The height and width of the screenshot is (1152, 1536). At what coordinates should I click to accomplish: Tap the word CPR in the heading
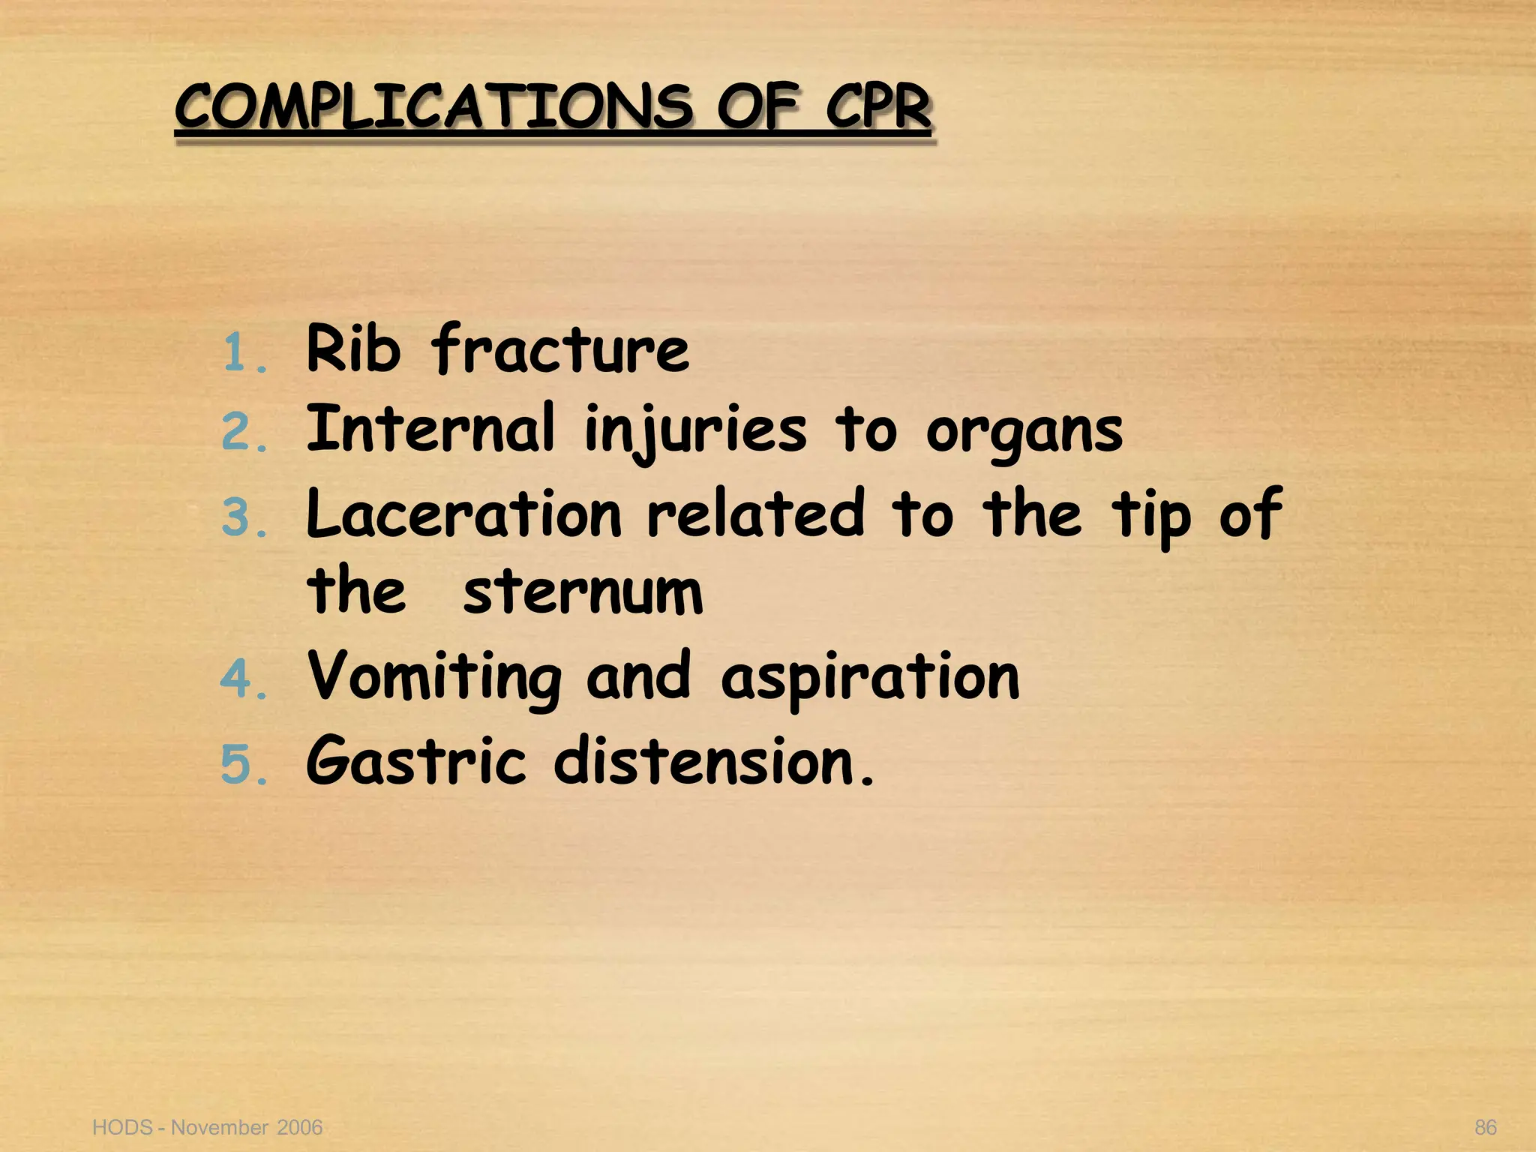click(877, 107)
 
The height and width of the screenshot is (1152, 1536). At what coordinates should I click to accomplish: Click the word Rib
click(353, 349)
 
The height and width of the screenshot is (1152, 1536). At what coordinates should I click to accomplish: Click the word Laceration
click(464, 514)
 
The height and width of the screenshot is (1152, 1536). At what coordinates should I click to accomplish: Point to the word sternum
click(583, 593)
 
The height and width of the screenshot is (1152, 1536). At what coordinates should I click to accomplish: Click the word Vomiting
click(434, 679)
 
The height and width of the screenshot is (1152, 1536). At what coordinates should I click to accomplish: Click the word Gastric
click(415, 762)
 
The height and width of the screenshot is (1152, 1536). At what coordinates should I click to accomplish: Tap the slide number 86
click(1486, 1127)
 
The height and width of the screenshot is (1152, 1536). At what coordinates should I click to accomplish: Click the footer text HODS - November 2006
click(207, 1127)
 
